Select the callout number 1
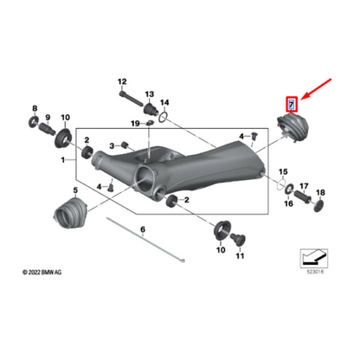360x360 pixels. (61, 161)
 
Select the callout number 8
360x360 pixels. (35, 107)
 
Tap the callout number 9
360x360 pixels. (48, 118)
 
